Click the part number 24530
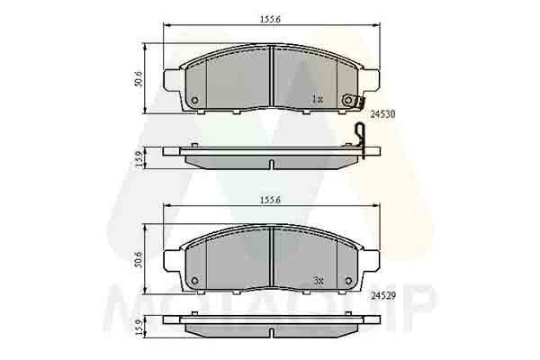pyautogui.click(x=384, y=115)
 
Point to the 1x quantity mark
pyautogui.click(x=317, y=98)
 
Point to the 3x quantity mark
pyautogui.click(x=317, y=280)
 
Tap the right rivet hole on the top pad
pyautogui.click(x=346, y=100)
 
